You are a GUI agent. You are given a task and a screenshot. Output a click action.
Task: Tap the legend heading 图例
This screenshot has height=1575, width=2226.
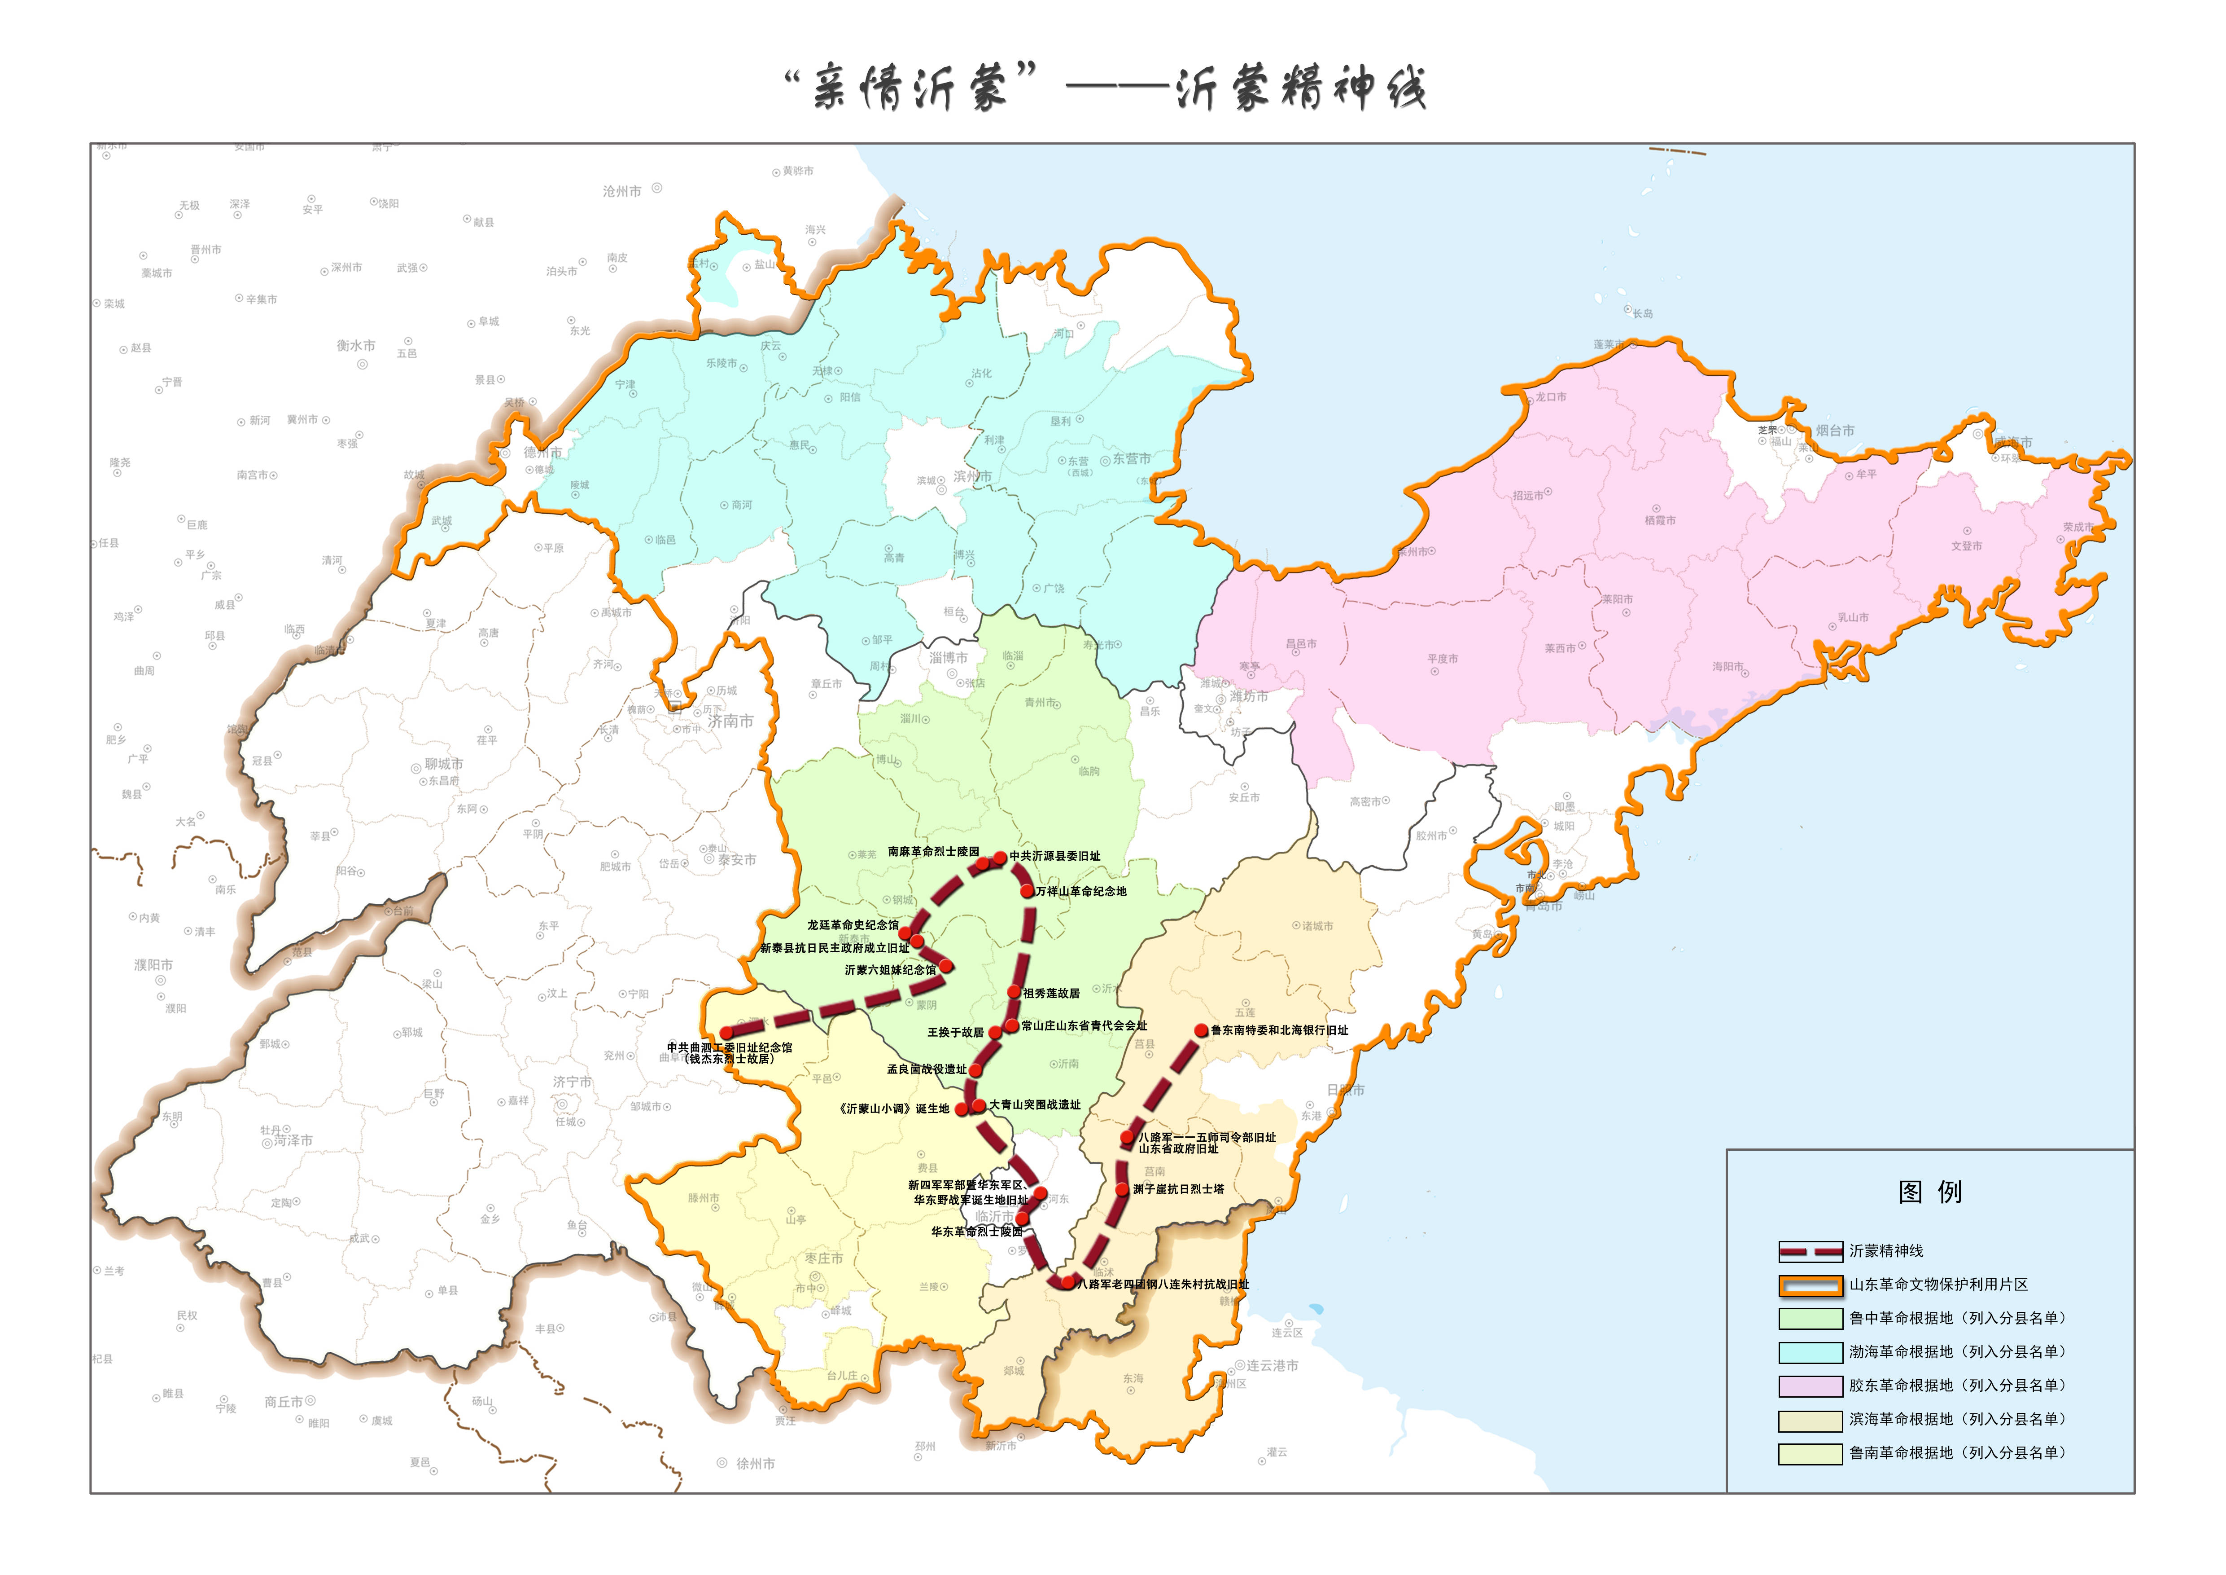[1929, 1192]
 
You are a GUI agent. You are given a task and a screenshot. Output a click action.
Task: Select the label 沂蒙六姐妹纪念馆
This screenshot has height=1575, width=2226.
[890, 970]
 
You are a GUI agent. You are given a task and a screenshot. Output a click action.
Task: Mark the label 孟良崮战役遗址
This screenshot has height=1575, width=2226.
[926, 1069]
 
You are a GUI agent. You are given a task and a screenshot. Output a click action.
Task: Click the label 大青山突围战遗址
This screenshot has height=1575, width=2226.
[1034, 1104]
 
